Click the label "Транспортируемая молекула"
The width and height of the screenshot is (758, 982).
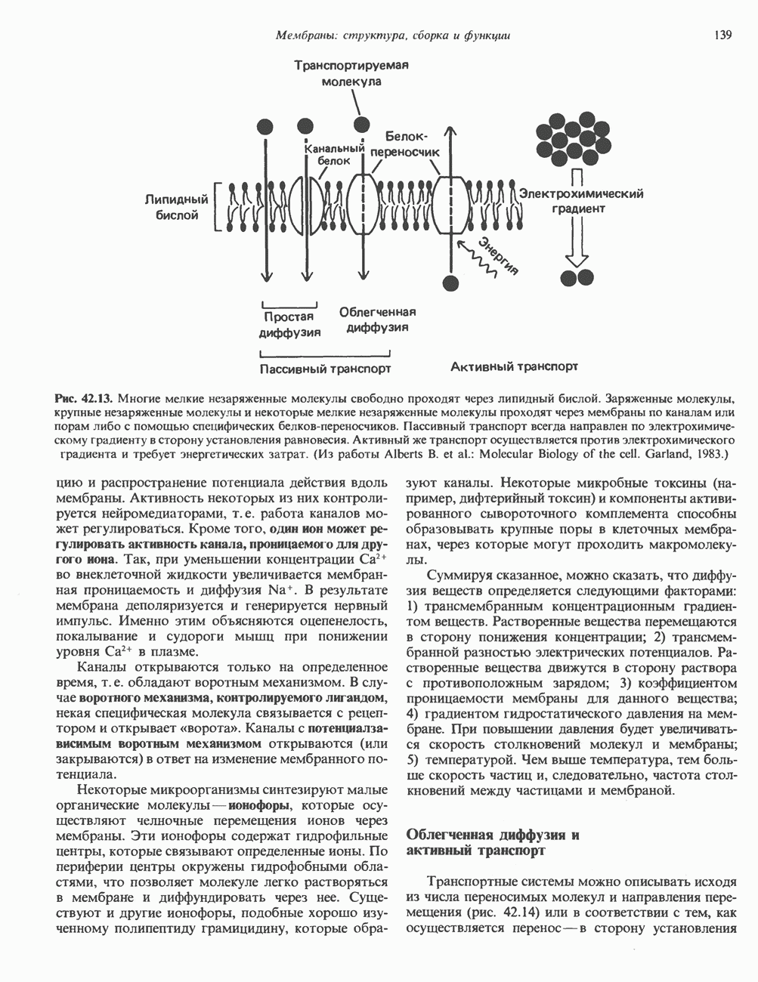pyautogui.click(x=351, y=73)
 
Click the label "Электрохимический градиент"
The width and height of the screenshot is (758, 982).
pyautogui.click(x=582, y=200)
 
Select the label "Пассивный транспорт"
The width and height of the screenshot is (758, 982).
pyautogui.click(x=325, y=369)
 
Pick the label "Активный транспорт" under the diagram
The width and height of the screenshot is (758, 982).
pyautogui.click(x=514, y=367)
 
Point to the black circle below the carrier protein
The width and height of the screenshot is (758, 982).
pyautogui.click(x=451, y=283)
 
